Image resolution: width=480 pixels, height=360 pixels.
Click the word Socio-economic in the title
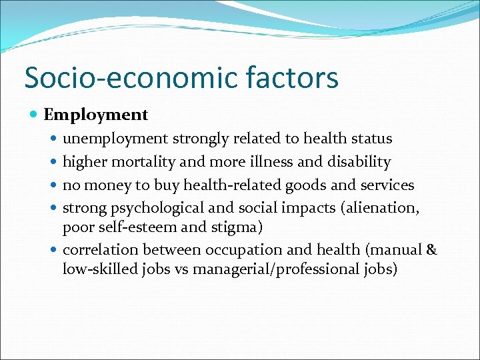(130, 78)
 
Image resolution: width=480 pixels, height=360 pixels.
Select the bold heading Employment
(96, 115)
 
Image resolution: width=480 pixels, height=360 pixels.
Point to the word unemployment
(115, 139)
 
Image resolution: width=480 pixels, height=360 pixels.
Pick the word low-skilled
(98, 269)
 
